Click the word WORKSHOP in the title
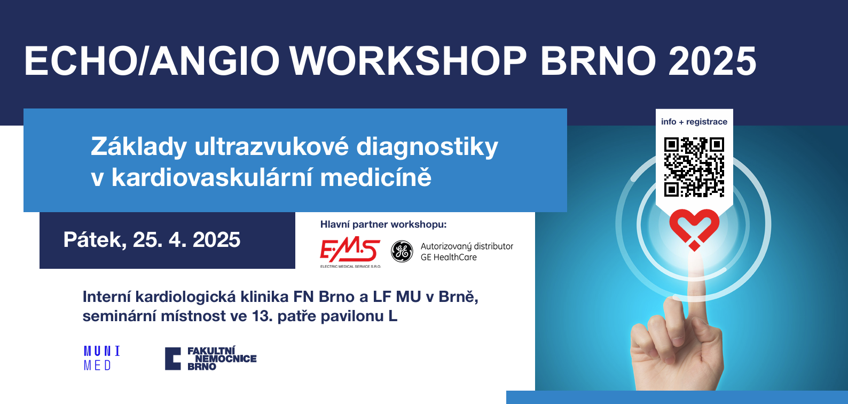coord(408,61)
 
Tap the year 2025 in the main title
coord(712,61)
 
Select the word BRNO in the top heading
coord(598,61)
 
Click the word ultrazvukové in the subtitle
coord(271,146)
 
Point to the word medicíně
coord(375,177)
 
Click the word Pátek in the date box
coord(95,240)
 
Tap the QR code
coord(694,167)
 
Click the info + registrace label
coord(694,122)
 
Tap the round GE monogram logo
coord(402,251)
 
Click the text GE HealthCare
coord(449,258)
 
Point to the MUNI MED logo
coord(102,358)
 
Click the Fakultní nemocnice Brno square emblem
coord(173,359)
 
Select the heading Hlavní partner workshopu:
coord(383,224)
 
